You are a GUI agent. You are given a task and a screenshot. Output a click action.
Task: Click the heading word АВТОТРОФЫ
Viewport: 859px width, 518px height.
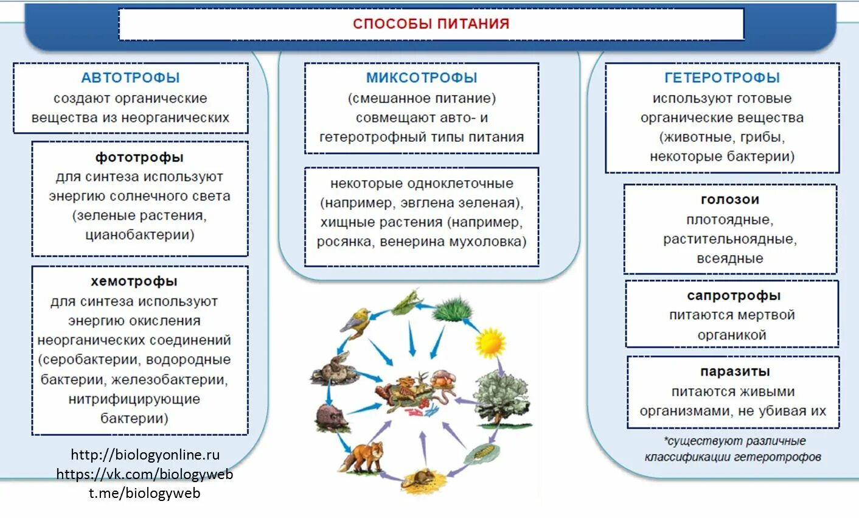pos(130,78)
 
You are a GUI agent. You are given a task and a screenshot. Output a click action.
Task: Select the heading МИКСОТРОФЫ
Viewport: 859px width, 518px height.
pos(422,78)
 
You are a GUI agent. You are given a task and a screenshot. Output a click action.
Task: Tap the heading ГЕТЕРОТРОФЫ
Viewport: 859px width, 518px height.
pos(722,78)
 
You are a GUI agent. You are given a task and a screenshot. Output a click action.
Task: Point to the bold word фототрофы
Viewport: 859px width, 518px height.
pos(139,158)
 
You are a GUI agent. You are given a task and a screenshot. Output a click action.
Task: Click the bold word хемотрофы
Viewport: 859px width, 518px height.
pos(134,281)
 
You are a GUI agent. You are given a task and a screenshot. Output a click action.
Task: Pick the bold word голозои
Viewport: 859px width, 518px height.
pos(730,200)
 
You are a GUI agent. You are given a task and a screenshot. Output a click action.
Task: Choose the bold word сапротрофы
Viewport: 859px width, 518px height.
pos(734,296)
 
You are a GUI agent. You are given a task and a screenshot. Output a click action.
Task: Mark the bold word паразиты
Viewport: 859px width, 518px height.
pos(735,371)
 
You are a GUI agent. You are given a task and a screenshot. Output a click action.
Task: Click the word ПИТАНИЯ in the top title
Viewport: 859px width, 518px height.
pos(472,24)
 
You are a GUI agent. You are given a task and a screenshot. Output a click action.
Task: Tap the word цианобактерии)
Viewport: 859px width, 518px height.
pos(140,235)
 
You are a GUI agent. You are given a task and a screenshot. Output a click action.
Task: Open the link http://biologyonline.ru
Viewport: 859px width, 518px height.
pos(145,455)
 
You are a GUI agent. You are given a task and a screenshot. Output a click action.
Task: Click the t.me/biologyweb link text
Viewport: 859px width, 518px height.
pos(145,493)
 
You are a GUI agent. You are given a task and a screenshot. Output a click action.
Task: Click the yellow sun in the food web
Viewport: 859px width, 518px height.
pos(490,343)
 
